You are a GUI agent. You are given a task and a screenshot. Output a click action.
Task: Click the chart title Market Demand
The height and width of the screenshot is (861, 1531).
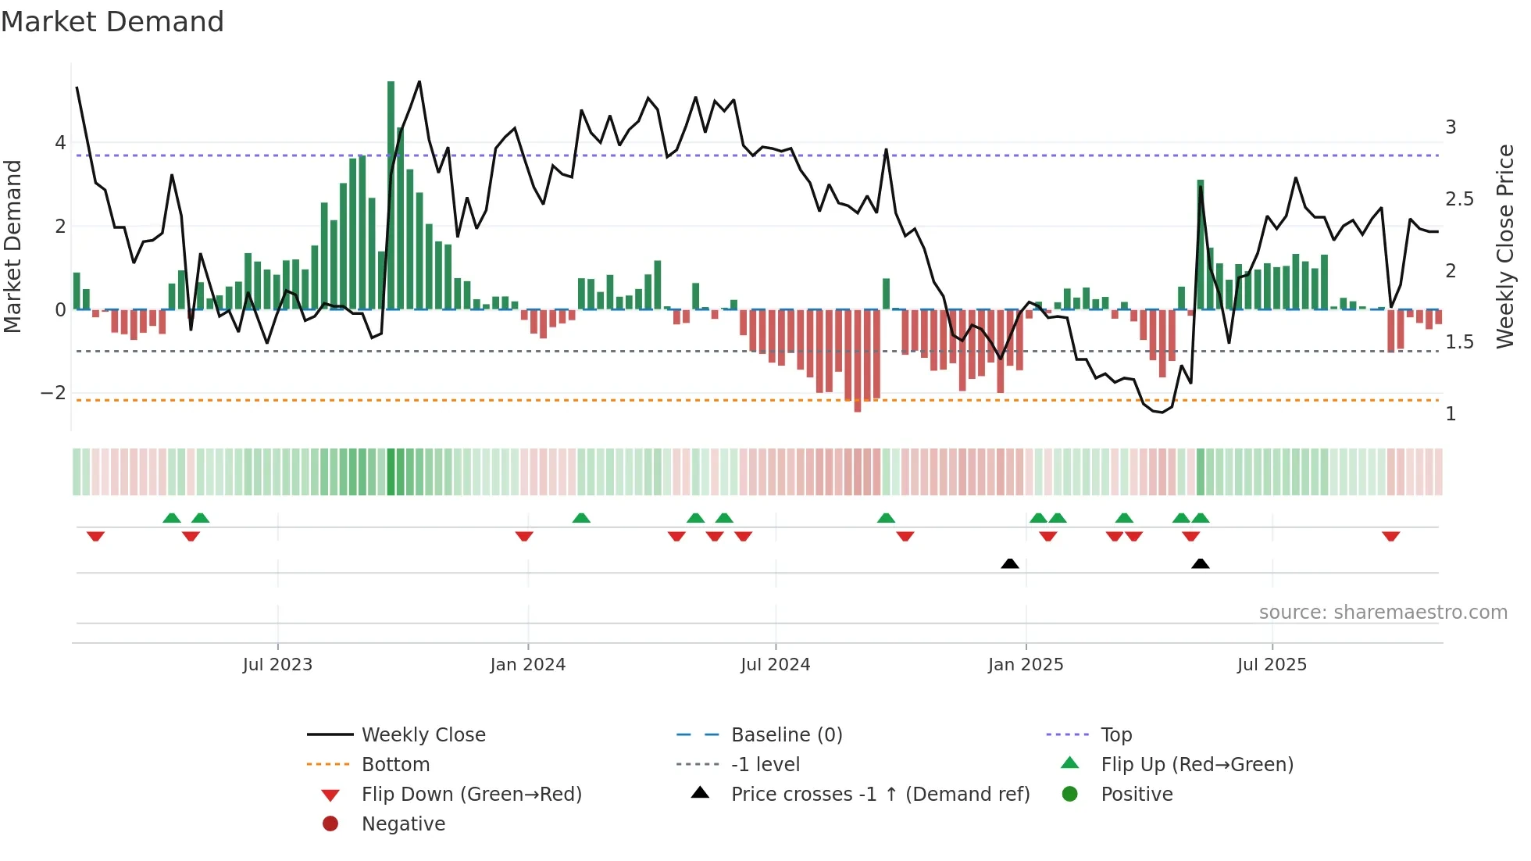click(x=112, y=22)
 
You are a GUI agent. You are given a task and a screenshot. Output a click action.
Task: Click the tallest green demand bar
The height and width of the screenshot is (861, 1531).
click(x=391, y=195)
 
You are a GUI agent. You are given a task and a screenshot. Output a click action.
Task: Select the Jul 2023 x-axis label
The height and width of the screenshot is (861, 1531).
click(x=277, y=665)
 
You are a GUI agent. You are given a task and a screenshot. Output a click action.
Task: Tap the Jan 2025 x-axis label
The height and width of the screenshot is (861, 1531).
click(x=1025, y=665)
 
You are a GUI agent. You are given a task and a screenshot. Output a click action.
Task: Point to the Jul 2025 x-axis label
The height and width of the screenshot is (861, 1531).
click(x=1272, y=665)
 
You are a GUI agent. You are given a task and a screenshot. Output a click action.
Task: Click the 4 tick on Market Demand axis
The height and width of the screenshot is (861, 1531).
click(x=60, y=143)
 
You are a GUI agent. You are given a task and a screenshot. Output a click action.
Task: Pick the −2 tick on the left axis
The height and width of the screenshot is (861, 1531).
click(x=53, y=393)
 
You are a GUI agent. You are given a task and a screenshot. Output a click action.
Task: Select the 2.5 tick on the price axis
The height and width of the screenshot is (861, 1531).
click(x=1459, y=199)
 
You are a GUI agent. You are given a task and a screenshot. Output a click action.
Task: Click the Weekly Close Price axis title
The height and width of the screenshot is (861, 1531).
click(x=1504, y=246)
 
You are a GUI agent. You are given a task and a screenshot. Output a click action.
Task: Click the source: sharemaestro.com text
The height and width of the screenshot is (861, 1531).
click(x=1383, y=613)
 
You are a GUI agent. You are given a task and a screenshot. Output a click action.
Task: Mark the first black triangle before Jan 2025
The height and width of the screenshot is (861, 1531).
click(x=1009, y=563)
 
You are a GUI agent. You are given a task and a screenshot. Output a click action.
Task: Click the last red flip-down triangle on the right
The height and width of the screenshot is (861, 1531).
click(x=1390, y=536)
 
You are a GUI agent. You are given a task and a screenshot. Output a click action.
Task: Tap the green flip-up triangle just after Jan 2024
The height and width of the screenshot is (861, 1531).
click(x=581, y=518)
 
